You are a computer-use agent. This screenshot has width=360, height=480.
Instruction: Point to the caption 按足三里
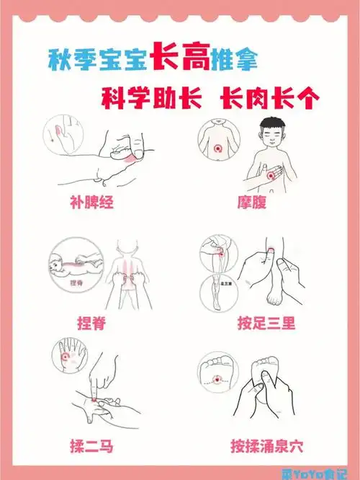pos(266,323)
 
